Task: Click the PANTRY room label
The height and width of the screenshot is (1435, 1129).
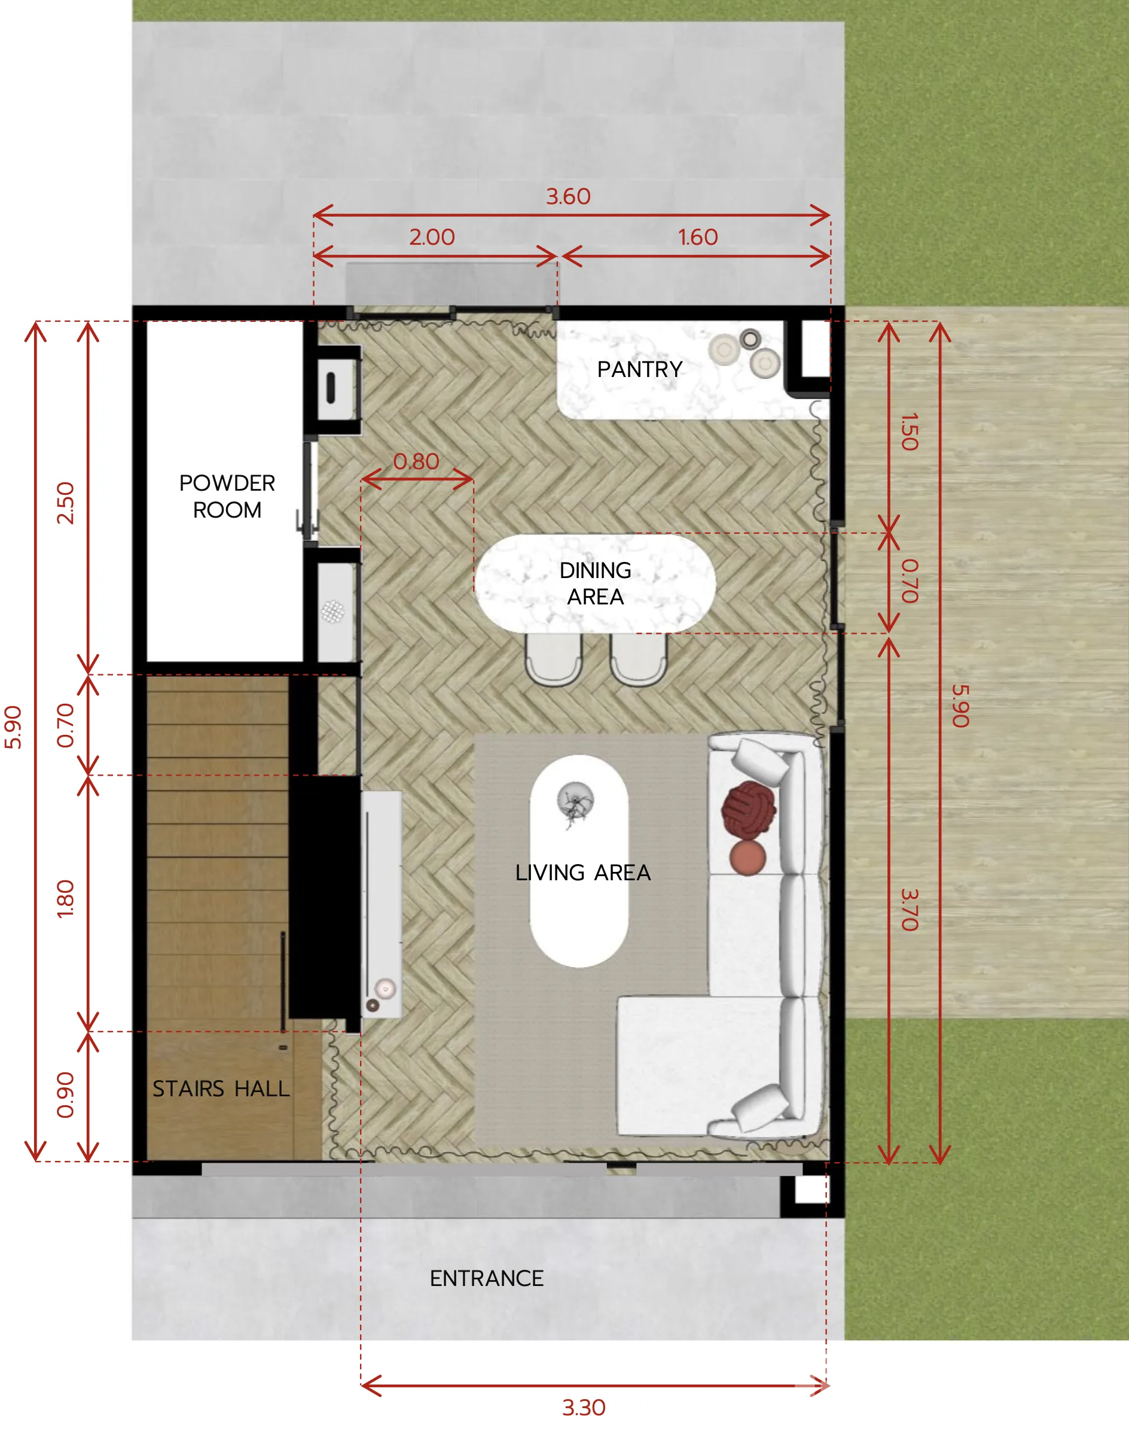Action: click(x=640, y=369)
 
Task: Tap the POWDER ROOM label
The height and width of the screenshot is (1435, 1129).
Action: click(x=227, y=496)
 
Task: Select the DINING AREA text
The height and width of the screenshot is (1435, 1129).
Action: click(x=595, y=583)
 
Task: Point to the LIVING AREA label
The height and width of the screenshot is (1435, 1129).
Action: click(x=583, y=872)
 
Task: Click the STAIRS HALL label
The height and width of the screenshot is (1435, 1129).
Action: click(x=221, y=1089)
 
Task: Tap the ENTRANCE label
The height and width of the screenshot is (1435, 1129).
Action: click(x=487, y=1278)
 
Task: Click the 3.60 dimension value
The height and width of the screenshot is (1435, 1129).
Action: click(x=568, y=196)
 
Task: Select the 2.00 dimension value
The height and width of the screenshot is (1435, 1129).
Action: click(x=432, y=238)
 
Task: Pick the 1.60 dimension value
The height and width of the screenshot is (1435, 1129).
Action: click(x=697, y=238)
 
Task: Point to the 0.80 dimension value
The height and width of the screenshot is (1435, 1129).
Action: click(x=416, y=461)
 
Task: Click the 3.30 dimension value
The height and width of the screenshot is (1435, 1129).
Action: click(x=584, y=1407)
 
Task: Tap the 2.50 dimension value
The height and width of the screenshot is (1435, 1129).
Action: click(x=65, y=503)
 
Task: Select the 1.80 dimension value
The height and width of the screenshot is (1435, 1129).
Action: click(x=65, y=899)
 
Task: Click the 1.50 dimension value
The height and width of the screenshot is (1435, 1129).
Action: click(x=910, y=432)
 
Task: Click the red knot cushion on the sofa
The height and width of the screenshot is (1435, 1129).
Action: click(x=748, y=810)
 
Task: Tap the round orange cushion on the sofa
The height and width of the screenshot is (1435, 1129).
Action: click(x=747, y=857)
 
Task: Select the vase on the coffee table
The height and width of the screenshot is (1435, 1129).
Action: click(x=575, y=802)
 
